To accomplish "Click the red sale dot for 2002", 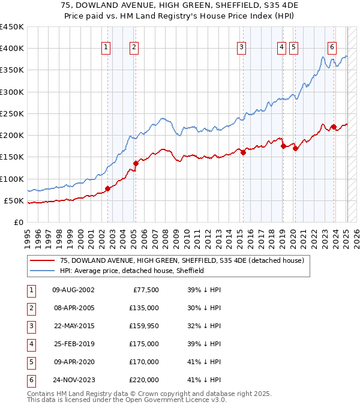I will click(x=108, y=188).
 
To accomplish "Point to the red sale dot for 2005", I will click(x=136, y=163).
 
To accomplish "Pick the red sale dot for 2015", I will click(x=244, y=152).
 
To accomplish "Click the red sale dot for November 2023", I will click(x=334, y=127).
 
